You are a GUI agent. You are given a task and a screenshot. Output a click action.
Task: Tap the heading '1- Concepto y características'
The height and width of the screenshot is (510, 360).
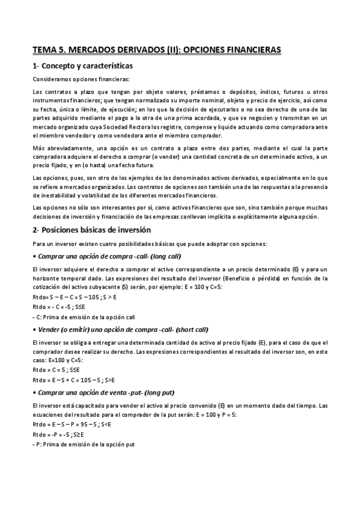pyautogui.click(x=82, y=65)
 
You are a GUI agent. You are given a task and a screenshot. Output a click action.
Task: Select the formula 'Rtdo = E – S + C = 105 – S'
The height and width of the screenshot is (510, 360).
pyautogui.click(x=69, y=379)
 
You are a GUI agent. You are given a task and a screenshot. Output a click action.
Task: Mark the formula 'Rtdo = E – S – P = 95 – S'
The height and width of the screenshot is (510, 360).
pyautogui.click(x=66, y=424)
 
